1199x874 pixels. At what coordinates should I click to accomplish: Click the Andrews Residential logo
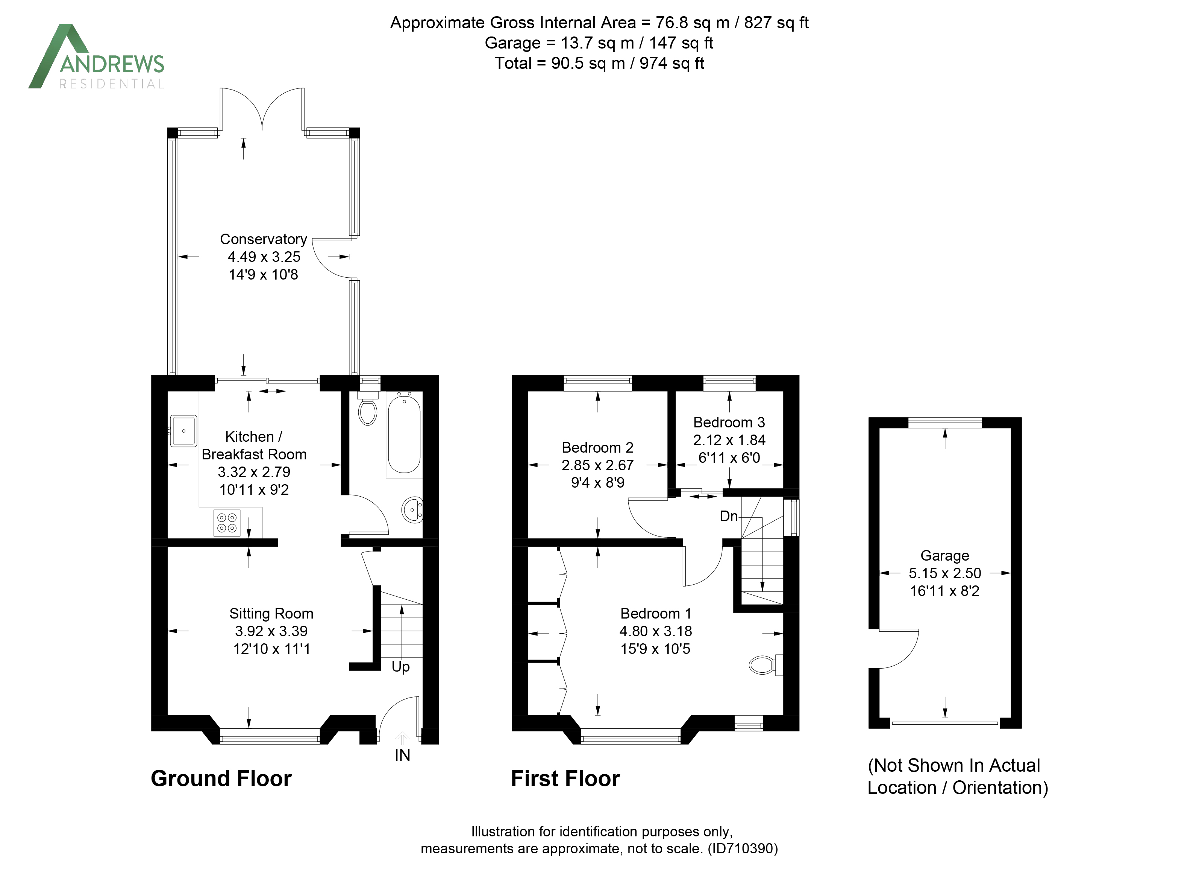click(x=96, y=56)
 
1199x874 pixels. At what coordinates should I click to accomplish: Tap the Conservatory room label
click(x=263, y=239)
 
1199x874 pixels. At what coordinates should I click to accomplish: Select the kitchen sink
click(x=183, y=431)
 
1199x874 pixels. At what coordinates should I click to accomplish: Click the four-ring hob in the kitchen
click(x=227, y=523)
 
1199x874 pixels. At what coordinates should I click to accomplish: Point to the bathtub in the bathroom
click(x=404, y=434)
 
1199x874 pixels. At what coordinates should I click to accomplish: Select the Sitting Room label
click(x=271, y=613)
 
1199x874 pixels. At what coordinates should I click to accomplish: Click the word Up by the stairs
click(x=401, y=667)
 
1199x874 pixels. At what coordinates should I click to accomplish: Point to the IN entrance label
click(x=402, y=755)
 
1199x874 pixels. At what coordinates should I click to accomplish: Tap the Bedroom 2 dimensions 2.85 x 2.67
click(x=597, y=465)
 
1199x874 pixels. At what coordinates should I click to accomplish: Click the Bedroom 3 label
click(x=729, y=422)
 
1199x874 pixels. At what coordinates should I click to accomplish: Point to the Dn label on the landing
click(x=729, y=516)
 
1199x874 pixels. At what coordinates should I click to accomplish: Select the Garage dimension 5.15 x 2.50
click(x=945, y=573)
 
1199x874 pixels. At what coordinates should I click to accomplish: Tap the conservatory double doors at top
click(x=262, y=108)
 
